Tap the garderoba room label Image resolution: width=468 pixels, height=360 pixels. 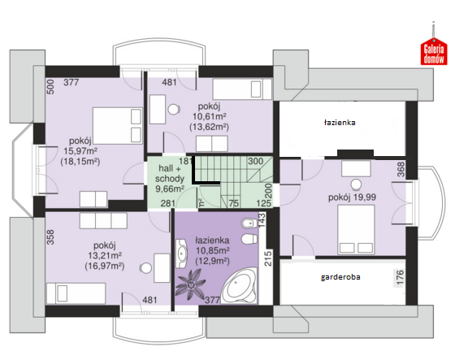pos(340,277)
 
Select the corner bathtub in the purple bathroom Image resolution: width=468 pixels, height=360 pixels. pos(240,286)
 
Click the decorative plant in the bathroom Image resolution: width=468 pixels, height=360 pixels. pos(190,284)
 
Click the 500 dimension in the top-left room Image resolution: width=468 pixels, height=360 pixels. pos(50,87)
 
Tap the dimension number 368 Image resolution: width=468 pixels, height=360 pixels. pos(401,169)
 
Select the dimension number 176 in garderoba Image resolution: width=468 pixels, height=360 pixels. pos(400,277)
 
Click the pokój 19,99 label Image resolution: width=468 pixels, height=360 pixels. pos(352,197)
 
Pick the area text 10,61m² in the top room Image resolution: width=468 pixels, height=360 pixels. pos(209,116)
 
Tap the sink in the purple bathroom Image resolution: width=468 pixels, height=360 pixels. pos(181,254)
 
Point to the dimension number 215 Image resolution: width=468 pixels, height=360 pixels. pos(268,258)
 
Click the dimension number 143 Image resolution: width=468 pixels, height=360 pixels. pos(262,220)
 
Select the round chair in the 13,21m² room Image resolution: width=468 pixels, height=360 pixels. pos(145,267)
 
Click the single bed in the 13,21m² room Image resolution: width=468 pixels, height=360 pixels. pos(76,293)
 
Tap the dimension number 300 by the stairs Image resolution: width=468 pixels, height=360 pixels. pos(255,161)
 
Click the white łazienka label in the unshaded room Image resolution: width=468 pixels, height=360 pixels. pos(340,123)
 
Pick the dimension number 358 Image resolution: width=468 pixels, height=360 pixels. pos(50,237)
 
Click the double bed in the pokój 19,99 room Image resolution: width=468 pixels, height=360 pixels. pos(356,229)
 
